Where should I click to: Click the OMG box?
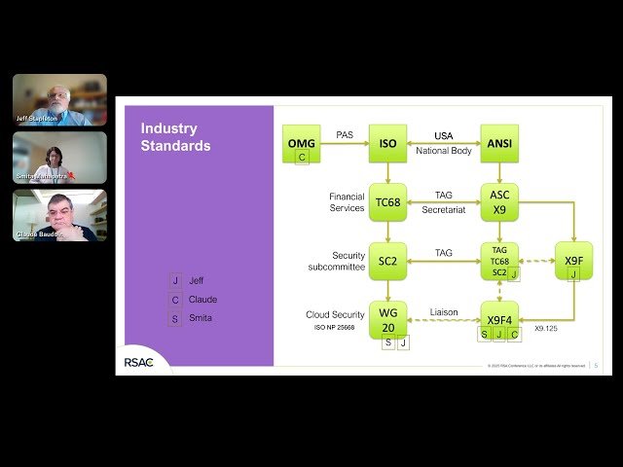point(301,143)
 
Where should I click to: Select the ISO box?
point(387,143)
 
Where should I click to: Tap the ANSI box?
point(499,143)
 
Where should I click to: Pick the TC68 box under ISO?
point(387,202)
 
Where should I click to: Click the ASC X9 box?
point(499,200)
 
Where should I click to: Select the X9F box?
point(573,260)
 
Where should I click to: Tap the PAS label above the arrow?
point(345,135)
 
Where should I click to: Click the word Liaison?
point(444,312)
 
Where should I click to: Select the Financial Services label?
point(347,201)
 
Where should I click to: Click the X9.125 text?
point(545,330)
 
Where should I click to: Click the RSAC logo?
point(145,362)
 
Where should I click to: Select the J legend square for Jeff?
point(175,281)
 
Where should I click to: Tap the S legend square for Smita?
point(175,318)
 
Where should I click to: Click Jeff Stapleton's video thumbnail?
point(59,99)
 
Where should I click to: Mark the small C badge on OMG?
point(302,157)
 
